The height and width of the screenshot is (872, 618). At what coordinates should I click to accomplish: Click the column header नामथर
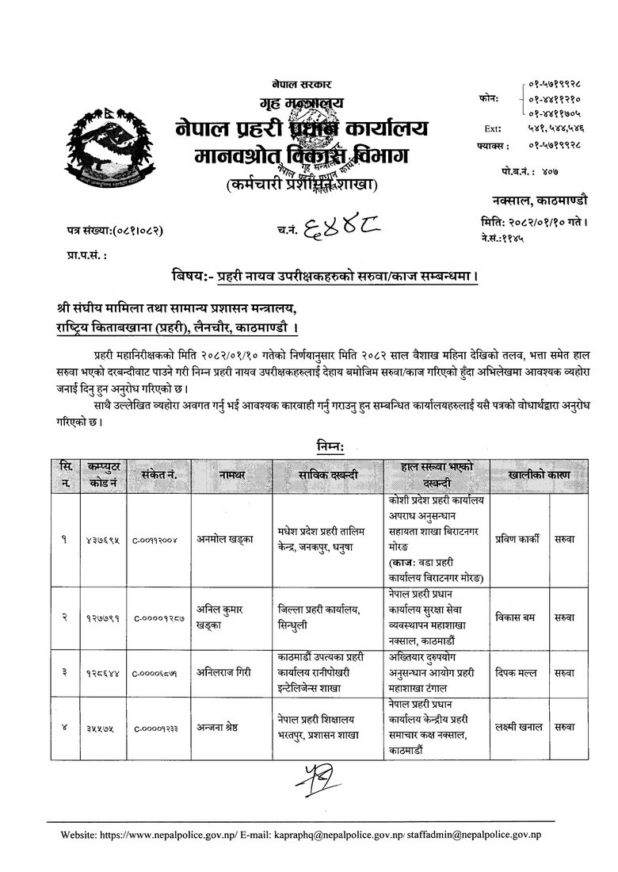(x=232, y=474)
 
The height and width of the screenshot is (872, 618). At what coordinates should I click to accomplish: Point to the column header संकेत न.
(x=158, y=474)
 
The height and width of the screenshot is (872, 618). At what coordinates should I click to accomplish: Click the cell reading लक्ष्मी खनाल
(x=517, y=727)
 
